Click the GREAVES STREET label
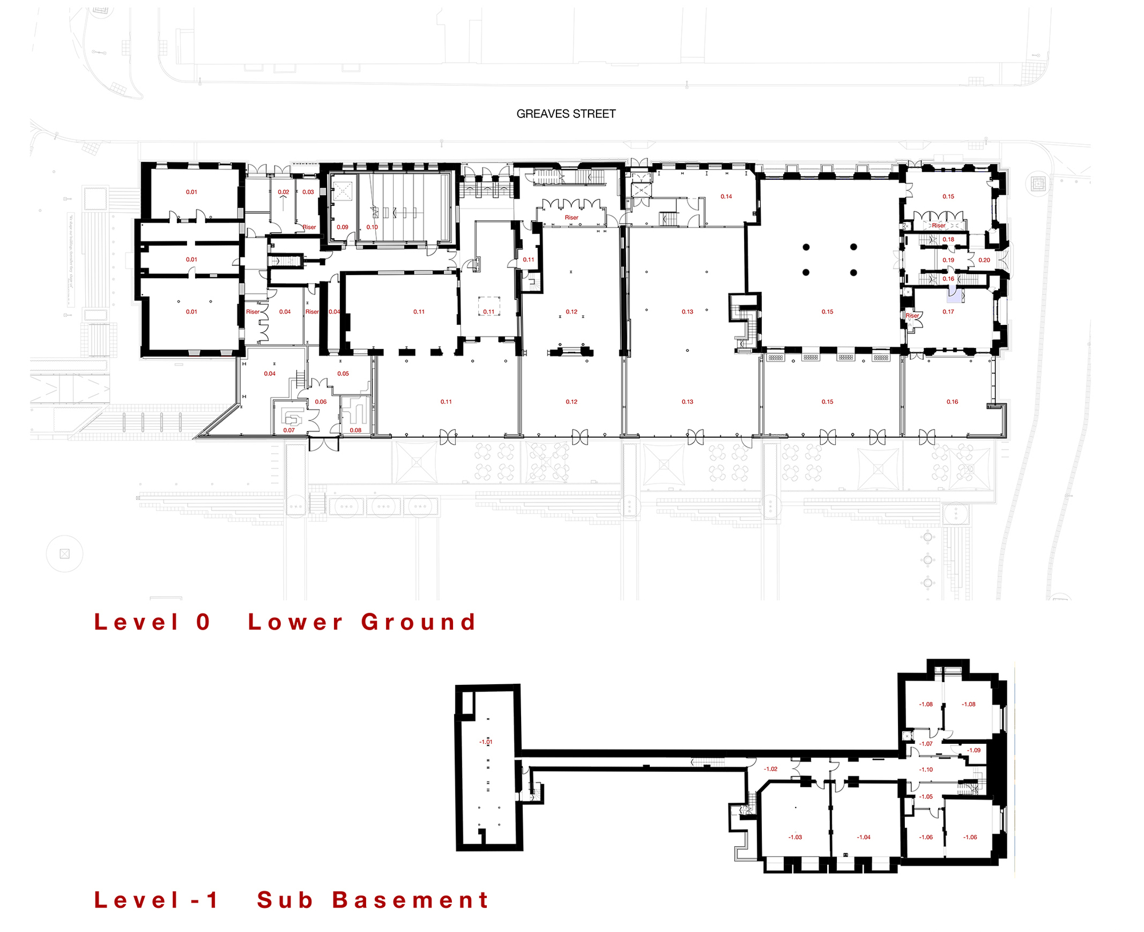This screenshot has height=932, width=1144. [566, 114]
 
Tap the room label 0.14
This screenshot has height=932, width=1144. [726, 196]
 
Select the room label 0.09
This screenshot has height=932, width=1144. [342, 227]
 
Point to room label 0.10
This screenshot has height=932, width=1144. [372, 227]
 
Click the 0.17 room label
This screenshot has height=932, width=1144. [948, 312]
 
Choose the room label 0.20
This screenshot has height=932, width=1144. [984, 260]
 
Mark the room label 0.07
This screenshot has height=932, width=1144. [289, 430]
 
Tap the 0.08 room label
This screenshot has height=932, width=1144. [355, 430]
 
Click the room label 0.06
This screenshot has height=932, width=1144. [320, 402]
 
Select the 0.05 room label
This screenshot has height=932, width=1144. [343, 374]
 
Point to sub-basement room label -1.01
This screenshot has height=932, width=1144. [485, 742]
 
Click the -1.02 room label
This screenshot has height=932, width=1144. [770, 769]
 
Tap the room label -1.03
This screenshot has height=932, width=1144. [795, 837]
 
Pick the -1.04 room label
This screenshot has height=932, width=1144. [863, 837]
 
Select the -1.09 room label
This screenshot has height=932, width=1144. [974, 750]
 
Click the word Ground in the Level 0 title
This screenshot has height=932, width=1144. [419, 622]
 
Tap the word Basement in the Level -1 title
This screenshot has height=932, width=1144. [410, 900]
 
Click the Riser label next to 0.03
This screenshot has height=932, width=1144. [309, 227]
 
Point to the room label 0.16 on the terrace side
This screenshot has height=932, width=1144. [952, 402]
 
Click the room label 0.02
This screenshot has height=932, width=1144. [283, 192]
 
